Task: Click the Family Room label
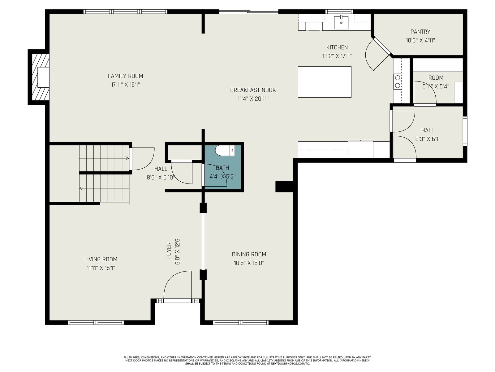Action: pos(125,76)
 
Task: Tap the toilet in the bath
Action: pos(225,151)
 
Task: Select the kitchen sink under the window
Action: pos(341,22)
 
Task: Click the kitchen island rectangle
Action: pos(325,82)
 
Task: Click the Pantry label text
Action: pos(420,32)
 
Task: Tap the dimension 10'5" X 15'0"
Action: pos(249,263)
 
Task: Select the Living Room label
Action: pos(101,259)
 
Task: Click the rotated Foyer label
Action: pos(169,250)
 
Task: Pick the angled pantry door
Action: pos(378,54)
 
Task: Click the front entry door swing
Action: pos(178,285)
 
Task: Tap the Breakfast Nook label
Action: pos(253,90)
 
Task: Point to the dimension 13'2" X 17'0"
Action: pos(337,56)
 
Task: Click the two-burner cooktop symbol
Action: pos(398,82)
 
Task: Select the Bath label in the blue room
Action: pos(222,168)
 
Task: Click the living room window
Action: pos(96,322)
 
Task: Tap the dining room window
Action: pos(241,322)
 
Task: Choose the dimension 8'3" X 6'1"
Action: pos(428,139)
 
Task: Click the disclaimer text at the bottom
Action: pos(247,361)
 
